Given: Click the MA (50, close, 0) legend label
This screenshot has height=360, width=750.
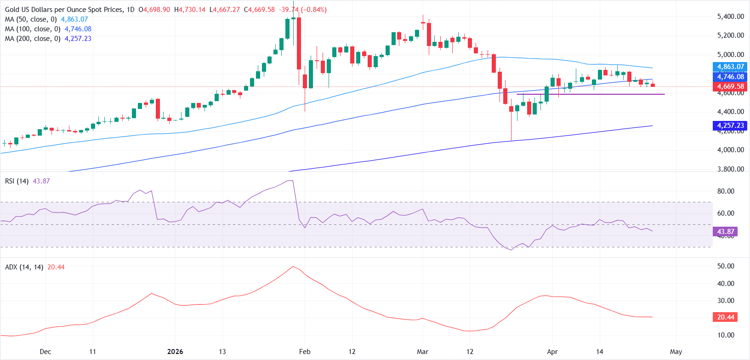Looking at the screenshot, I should (x=31, y=19).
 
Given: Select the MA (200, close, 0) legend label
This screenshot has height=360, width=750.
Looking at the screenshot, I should (x=33, y=39).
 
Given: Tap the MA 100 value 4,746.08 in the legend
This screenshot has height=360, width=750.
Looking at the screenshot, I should (x=78, y=29).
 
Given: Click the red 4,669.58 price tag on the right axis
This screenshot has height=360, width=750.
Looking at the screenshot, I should (x=730, y=86).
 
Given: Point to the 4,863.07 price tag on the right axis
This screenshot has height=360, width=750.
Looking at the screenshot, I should (x=730, y=67).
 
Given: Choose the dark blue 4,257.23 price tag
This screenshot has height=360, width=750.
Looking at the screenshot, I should (x=730, y=126).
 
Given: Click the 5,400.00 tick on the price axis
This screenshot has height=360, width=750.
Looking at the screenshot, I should (x=730, y=17).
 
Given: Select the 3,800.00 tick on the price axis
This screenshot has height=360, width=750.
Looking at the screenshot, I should (x=730, y=169).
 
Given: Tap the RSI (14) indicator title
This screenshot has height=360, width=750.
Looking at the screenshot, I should (x=17, y=181).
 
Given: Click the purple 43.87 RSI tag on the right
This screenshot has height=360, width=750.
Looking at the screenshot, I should (x=726, y=232).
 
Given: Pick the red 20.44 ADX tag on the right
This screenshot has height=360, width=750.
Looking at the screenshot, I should (x=726, y=317).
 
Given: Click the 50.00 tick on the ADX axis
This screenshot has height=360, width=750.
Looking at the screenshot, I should (x=726, y=266).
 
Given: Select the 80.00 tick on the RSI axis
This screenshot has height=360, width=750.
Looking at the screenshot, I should (x=726, y=191).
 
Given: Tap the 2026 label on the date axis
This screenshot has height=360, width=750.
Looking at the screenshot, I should (x=175, y=352).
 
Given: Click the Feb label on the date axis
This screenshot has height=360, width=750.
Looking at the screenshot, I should (x=305, y=352).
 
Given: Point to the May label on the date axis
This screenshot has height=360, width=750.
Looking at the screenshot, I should (x=676, y=352).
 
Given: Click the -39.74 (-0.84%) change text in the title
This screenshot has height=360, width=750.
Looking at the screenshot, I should (x=303, y=10).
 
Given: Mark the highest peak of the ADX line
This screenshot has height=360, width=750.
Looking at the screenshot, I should (x=292, y=267).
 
